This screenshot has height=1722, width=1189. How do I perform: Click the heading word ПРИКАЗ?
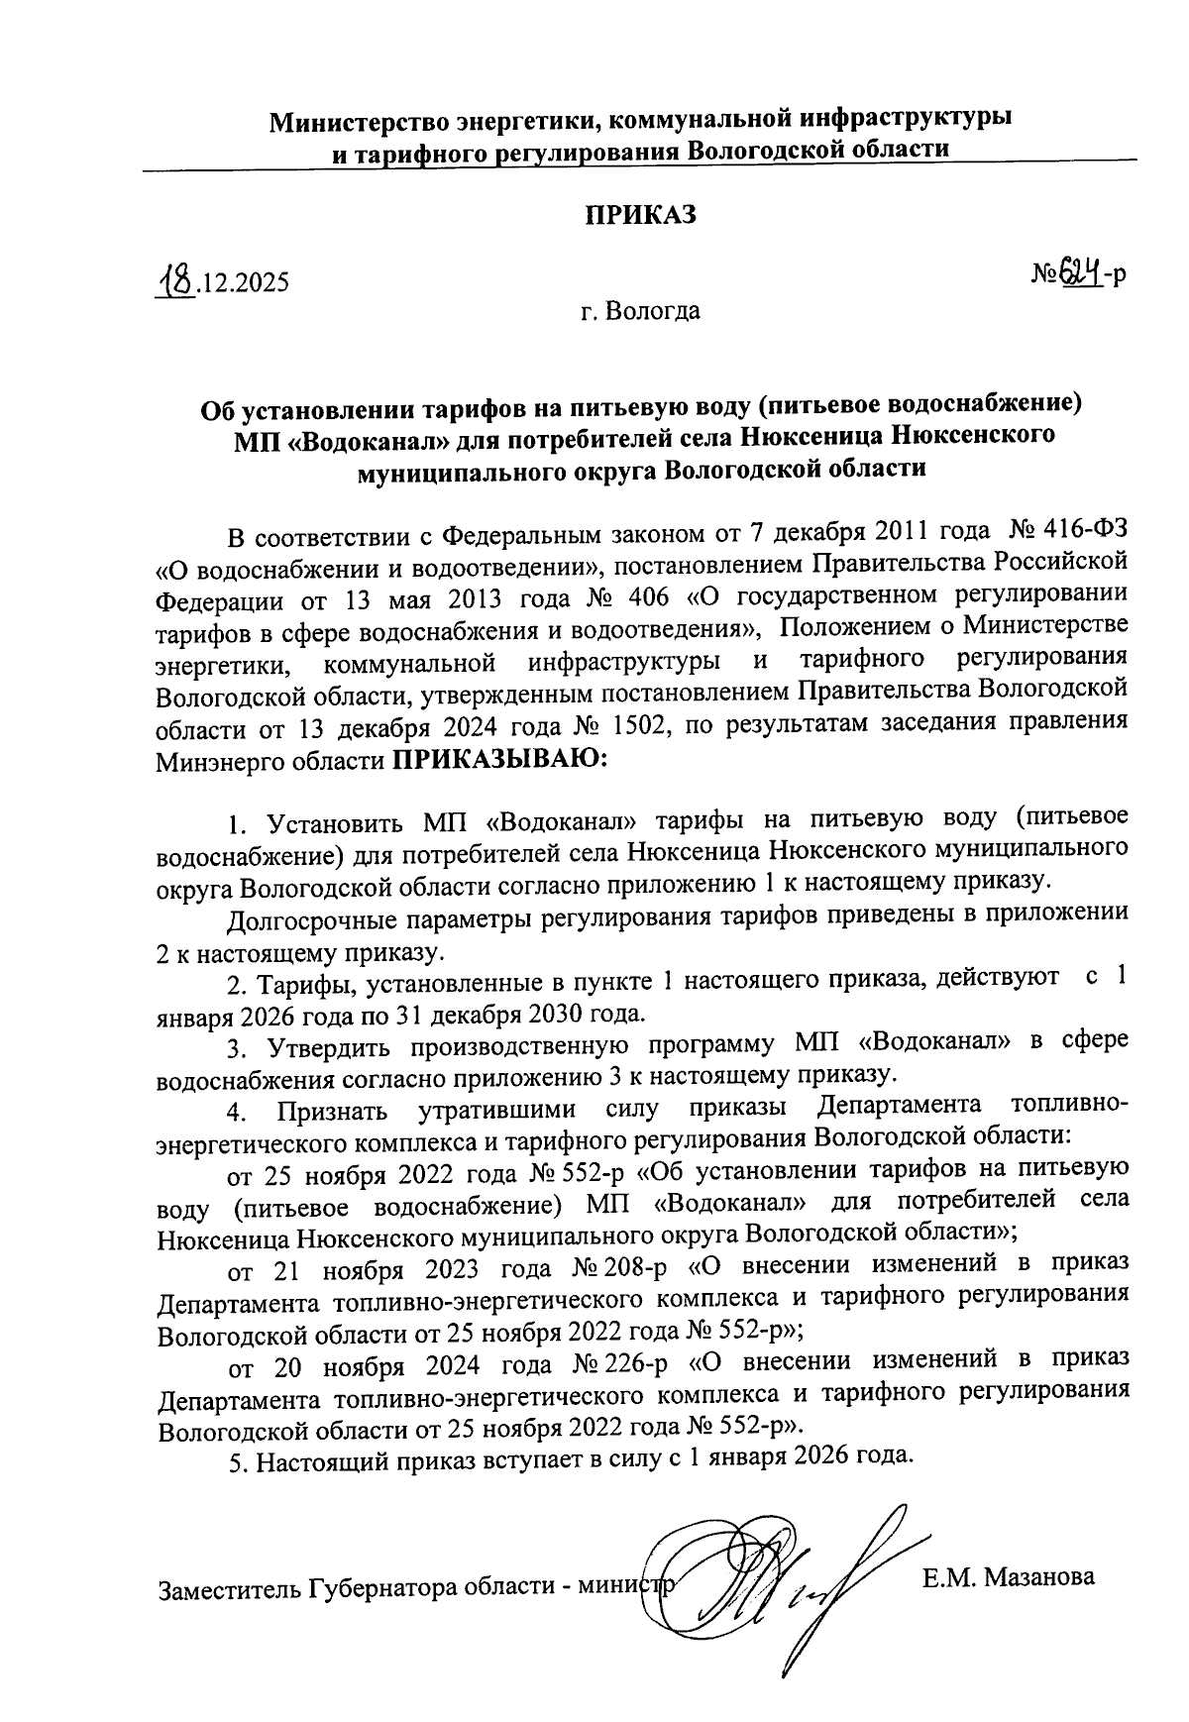coord(640,215)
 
